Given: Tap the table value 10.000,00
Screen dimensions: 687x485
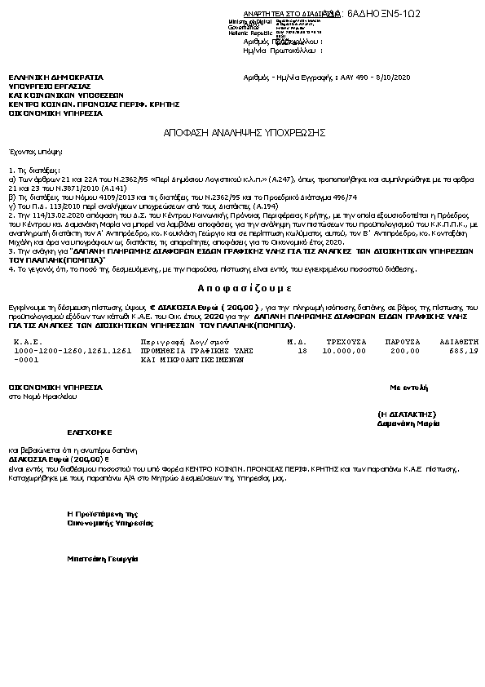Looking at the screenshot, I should pyautogui.click(x=346, y=327).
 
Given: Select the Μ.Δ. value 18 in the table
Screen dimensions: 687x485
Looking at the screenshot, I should pyautogui.click(x=302, y=327).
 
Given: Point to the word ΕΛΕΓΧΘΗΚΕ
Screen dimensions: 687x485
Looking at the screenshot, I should pyautogui.click(x=89, y=431).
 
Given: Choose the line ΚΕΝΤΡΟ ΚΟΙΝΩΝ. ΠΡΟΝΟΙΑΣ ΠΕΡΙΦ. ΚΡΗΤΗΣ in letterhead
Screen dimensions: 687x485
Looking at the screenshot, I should pyautogui.click(x=94, y=104).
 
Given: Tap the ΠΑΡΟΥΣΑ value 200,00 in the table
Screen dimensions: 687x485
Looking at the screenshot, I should pyautogui.click(x=399, y=327).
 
